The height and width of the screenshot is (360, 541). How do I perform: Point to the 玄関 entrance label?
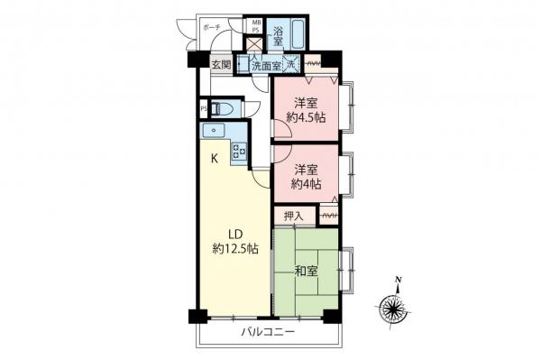pos(221,65)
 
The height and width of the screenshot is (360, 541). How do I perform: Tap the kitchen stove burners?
pos(239,151)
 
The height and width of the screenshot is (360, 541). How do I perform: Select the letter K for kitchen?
pos(214,160)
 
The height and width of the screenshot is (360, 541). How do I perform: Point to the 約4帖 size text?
pos(307,184)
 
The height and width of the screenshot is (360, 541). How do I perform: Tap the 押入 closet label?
pos(294,216)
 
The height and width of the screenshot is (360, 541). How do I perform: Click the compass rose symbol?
pos(396,309)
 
